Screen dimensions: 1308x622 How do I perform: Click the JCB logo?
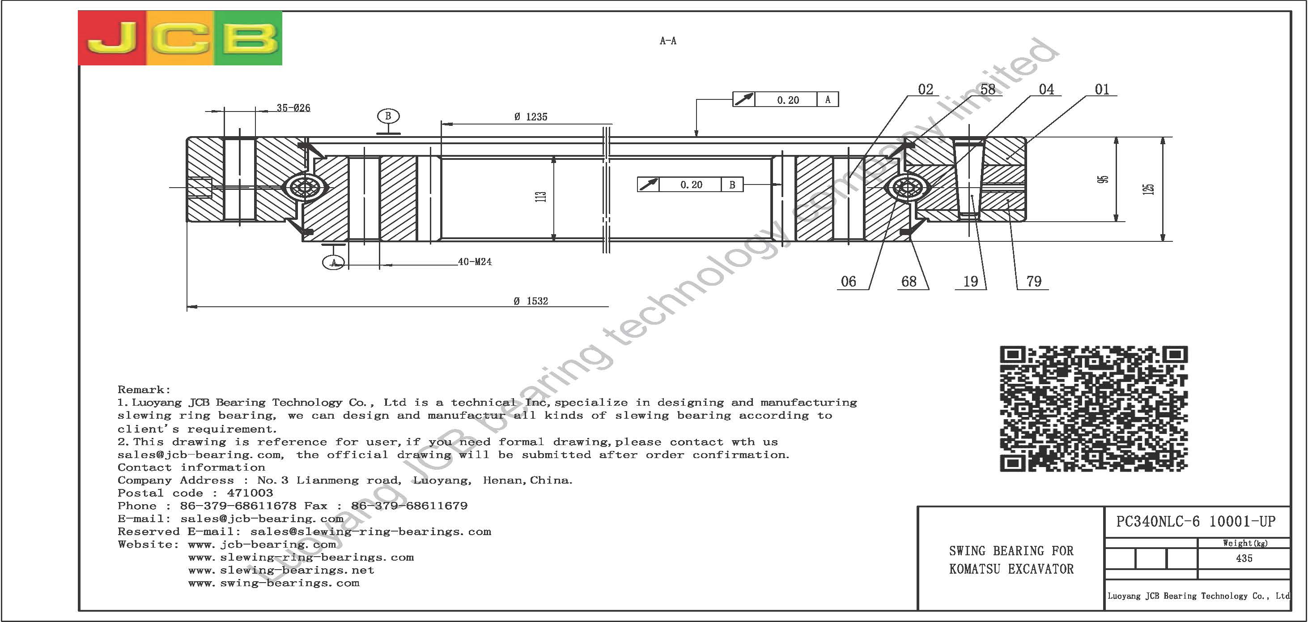[180, 38]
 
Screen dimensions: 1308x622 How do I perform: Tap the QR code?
[1094, 408]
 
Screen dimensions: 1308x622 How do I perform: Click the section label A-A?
[668, 41]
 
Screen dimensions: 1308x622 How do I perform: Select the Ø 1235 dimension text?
[531, 117]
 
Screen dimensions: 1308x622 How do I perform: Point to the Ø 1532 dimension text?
[531, 301]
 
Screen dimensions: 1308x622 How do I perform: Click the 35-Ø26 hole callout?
[293, 108]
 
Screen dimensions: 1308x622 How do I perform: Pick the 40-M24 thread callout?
[475, 262]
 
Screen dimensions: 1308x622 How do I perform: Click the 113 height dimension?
[541, 196]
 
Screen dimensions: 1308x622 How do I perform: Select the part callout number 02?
[926, 90]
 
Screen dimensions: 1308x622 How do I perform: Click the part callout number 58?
[988, 90]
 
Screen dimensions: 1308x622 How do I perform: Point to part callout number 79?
[1034, 281]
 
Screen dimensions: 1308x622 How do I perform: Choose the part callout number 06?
[848, 281]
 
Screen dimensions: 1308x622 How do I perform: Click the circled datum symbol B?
[388, 116]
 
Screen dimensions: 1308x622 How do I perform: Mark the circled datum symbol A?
[334, 263]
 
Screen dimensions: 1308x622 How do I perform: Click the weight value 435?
[1244, 558]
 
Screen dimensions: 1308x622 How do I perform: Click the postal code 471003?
[250, 493]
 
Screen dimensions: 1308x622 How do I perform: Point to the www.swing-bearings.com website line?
[274, 583]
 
